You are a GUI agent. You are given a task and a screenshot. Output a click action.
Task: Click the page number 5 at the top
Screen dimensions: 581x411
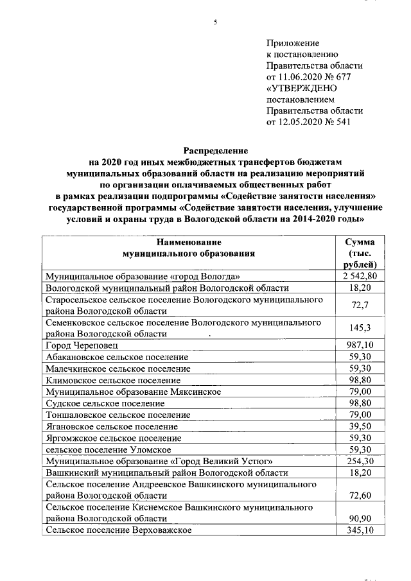[216, 22]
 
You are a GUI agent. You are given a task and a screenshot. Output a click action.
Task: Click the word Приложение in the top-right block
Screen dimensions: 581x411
[293, 43]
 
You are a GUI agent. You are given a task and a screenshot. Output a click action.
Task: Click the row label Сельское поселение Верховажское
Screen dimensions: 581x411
[118, 530]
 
